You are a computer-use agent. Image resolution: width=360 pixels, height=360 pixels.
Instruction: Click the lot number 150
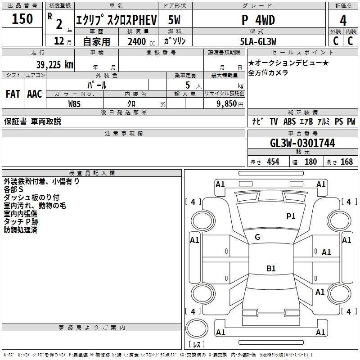pyautogui.click(x=22, y=18)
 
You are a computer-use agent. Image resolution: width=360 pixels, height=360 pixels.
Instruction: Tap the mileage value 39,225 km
pyautogui.click(x=55, y=65)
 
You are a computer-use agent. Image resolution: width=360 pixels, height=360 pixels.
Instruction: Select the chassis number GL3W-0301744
pyautogui.click(x=302, y=143)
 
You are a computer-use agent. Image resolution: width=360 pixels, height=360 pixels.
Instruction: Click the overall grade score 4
pyautogui.click(x=343, y=21)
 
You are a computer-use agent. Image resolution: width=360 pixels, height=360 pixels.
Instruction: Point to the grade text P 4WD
pyautogui.click(x=258, y=20)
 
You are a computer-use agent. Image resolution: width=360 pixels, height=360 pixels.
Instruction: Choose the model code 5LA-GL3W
pyautogui.click(x=258, y=41)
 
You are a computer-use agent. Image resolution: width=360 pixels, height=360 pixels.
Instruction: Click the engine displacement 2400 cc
pyautogui.click(x=141, y=41)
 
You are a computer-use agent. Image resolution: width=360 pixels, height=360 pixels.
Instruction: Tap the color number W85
pyautogui.click(x=74, y=104)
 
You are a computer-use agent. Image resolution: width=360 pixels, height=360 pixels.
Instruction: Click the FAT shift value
pyautogui.click(x=13, y=94)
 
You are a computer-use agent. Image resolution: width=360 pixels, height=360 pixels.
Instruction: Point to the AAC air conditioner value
pyautogui.click(x=35, y=94)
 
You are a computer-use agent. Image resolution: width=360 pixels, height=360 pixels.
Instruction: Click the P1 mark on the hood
pyautogui.click(x=291, y=216)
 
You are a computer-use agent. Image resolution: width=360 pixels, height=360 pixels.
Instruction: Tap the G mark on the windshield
pyautogui.click(x=257, y=237)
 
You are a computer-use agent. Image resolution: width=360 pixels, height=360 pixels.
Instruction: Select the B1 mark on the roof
pyautogui.click(x=271, y=268)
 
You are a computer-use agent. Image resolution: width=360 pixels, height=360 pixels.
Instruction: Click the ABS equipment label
pyautogui.click(x=289, y=121)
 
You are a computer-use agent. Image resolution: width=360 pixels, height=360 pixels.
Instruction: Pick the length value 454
pyautogui.click(x=273, y=162)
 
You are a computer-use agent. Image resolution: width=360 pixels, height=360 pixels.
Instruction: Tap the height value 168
pyautogui.click(x=346, y=162)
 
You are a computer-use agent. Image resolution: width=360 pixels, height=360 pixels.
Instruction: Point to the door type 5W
pyautogui.click(x=174, y=20)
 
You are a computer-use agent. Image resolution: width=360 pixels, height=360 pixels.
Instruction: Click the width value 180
pyautogui.click(x=310, y=162)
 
